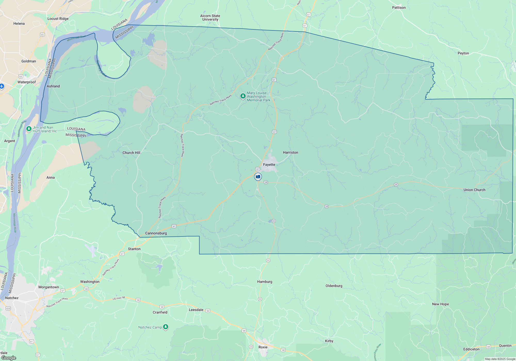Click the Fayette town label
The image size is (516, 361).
[x=269, y=165]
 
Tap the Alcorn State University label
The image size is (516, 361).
[x=210, y=18]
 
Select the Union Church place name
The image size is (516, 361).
[x=474, y=190]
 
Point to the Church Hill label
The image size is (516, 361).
[x=131, y=153]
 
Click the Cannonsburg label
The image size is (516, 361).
[x=156, y=233]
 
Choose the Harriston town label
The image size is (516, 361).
[x=291, y=152]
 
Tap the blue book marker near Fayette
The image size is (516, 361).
[x=258, y=177]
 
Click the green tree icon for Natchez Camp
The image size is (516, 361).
[x=166, y=327]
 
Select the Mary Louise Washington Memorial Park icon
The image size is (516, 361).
[x=243, y=96]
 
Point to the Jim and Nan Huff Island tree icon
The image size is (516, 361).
[x=29, y=128]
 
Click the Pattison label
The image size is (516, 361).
[x=399, y=7]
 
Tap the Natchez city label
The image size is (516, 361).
[x=12, y=298]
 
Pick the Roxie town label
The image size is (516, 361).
[x=263, y=347]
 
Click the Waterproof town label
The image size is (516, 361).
[x=27, y=82]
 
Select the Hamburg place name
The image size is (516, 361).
[x=265, y=282]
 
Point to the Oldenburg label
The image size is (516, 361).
[x=334, y=286]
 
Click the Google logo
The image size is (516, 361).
[x=9, y=358]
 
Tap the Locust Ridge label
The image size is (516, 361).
[x=58, y=19]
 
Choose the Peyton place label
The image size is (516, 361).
[x=463, y=53]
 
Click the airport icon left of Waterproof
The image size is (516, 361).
[x=2, y=86]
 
